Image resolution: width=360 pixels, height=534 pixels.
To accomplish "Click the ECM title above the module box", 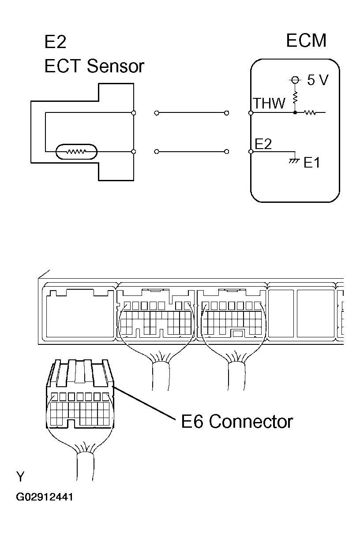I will pos(306,41).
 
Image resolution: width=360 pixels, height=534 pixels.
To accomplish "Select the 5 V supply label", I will pos(318,80).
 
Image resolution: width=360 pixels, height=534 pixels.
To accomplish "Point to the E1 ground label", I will pos(312,163).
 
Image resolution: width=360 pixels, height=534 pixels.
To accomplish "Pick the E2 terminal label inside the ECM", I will pos(263,144).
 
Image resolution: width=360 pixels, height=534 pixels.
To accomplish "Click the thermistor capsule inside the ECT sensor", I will pos(76,152).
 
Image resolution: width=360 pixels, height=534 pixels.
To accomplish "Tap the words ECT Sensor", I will pos(94,66).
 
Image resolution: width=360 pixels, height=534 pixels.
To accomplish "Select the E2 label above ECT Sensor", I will pos(55,42).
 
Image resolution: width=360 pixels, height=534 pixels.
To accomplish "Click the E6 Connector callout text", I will pos(237,422).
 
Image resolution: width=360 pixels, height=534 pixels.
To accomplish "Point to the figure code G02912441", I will pos(45,497).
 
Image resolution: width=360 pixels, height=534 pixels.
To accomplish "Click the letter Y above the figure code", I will pos(20,477).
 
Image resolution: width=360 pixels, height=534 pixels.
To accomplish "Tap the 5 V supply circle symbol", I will pos(295,80).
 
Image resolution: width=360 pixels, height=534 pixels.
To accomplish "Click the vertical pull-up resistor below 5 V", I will pos(295,97).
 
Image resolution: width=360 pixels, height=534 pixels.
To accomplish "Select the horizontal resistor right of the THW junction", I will pos(311,113).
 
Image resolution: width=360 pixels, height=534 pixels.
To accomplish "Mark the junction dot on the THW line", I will pos(295,113).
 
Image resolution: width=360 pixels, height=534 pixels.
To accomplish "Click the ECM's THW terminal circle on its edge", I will pos(251,113).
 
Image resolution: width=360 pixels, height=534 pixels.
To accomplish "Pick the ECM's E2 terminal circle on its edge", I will pos(251,152).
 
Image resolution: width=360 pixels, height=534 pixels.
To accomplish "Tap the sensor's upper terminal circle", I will pos(134,113).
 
